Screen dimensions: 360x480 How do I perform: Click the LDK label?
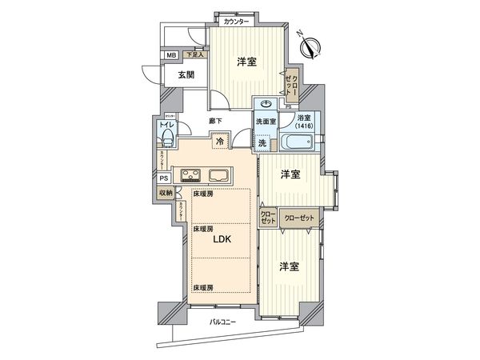(x=222, y=238)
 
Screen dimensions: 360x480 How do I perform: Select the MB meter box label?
(x=171, y=55)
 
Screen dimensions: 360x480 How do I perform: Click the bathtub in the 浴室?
(x=299, y=143)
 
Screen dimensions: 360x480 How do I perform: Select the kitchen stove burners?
(x=191, y=175)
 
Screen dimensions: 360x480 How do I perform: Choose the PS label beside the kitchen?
(x=164, y=178)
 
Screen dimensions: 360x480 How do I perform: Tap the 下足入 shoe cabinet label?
(x=194, y=54)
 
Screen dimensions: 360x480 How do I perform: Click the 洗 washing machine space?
(x=262, y=142)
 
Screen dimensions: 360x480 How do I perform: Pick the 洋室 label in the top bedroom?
(x=246, y=62)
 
